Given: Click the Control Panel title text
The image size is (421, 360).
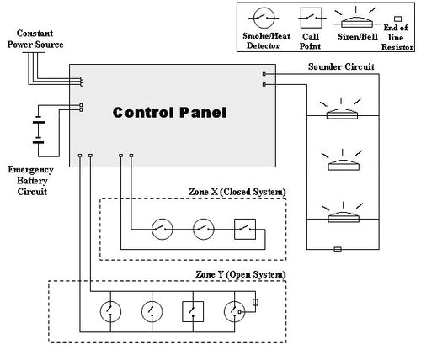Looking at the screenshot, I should click(169, 111).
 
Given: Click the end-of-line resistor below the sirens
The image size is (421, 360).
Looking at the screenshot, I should click(338, 250).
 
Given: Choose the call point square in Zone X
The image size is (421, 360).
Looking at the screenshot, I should click(244, 227).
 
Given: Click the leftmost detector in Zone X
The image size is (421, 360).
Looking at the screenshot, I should click(162, 227).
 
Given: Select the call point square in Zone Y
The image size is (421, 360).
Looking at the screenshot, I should click(193, 312).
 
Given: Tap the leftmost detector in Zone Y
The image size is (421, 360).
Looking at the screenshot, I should click(109, 312).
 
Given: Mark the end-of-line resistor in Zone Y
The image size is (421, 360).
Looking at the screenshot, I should click(255, 304).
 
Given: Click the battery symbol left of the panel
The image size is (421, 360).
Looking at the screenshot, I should click(38, 130).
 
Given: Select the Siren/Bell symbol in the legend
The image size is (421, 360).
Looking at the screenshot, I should click(354, 19).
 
